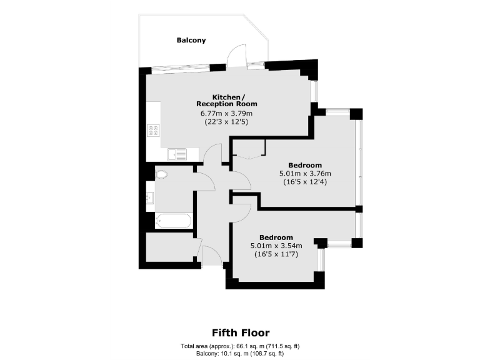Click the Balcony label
[x=191, y=40]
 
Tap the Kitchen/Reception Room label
[x=226, y=100]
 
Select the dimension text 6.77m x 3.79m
[x=226, y=113]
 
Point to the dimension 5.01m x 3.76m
[x=304, y=173]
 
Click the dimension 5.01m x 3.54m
[x=276, y=246]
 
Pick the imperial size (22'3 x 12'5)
[x=226, y=122]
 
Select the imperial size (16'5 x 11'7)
[x=276, y=254]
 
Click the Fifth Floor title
[x=241, y=332]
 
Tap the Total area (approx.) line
[x=241, y=346]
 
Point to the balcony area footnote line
[x=241, y=354]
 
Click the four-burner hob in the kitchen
[x=153, y=131]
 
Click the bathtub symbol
[x=173, y=221]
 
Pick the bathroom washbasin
[x=150, y=198]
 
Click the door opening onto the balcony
[x=236, y=56]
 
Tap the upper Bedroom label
[x=304, y=164]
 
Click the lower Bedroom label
[x=276, y=237]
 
